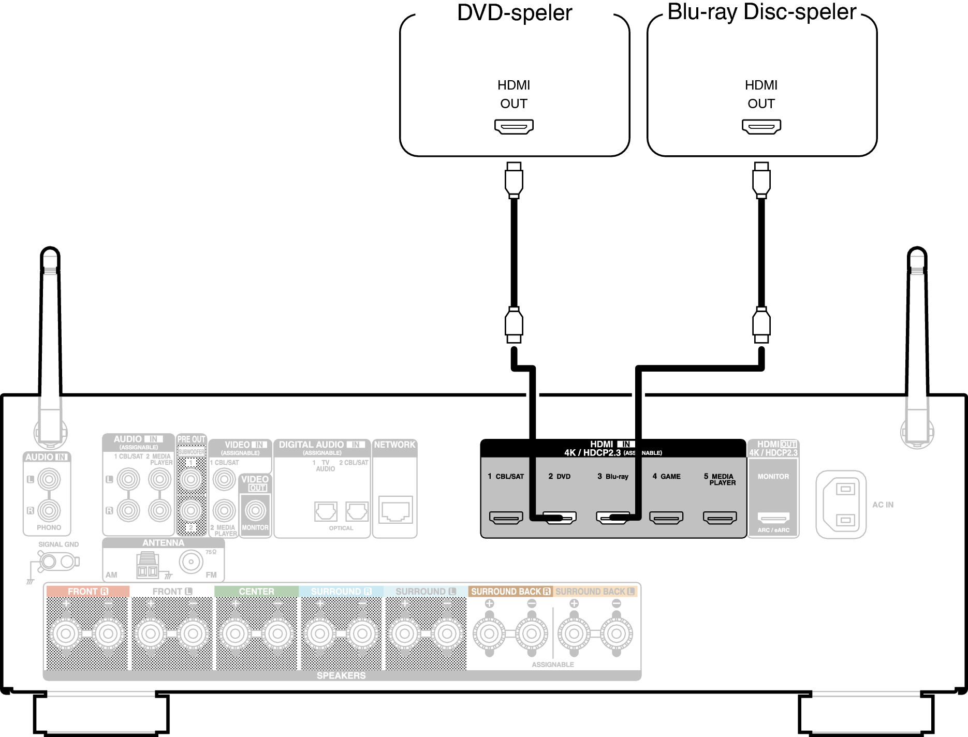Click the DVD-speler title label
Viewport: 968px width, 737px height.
(x=515, y=13)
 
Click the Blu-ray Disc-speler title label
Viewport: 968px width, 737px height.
(x=761, y=12)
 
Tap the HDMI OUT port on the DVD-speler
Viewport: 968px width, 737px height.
(x=514, y=126)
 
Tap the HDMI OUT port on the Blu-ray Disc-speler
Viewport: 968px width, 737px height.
(x=761, y=126)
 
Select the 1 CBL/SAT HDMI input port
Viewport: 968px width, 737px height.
(x=506, y=517)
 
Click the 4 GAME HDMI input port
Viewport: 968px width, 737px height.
(x=666, y=517)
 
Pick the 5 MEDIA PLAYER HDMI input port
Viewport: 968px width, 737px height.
(x=720, y=517)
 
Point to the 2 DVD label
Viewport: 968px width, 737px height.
(x=559, y=477)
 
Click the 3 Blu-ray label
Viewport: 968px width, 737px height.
(x=613, y=477)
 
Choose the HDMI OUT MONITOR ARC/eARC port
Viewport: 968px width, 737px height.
(x=773, y=517)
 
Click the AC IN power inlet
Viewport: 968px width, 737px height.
(x=841, y=504)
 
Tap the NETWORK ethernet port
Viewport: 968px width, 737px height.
(x=395, y=510)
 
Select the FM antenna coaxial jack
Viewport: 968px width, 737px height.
(x=191, y=562)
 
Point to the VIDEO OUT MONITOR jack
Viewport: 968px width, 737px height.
(x=255, y=511)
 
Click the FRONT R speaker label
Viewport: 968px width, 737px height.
(x=87, y=592)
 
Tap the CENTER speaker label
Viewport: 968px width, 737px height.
(x=256, y=592)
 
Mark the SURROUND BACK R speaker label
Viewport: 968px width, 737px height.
(x=510, y=592)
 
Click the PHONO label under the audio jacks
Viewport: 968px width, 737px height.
(x=49, y=527)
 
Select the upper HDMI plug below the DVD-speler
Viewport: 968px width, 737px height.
(x=514, y=181)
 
